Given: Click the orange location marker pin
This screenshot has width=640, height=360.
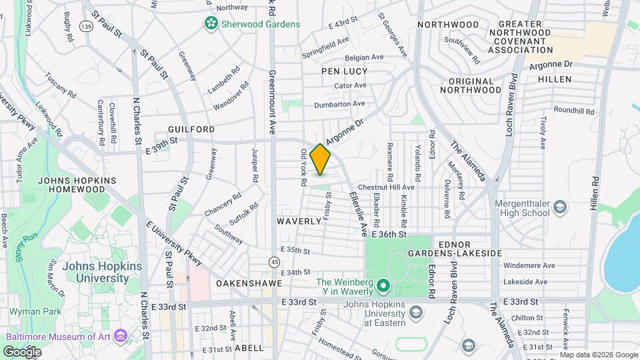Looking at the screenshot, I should pos(321,159).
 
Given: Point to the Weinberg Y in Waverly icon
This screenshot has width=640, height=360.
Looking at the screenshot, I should pos(383,287).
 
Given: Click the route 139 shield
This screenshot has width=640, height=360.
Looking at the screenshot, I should pos(86,25).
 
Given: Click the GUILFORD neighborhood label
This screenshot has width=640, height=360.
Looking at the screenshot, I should pos(191,129).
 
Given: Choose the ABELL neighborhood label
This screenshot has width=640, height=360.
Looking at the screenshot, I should pos(250,347).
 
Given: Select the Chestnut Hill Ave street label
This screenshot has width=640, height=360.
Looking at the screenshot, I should pos(386,187).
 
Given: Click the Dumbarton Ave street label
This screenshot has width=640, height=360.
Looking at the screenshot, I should pos(340,103).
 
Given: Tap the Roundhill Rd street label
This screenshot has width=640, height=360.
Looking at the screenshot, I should pos(573,110).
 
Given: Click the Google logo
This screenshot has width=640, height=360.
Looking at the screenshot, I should pos(22,351).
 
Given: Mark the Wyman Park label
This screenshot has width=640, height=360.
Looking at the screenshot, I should pos(35,311).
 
